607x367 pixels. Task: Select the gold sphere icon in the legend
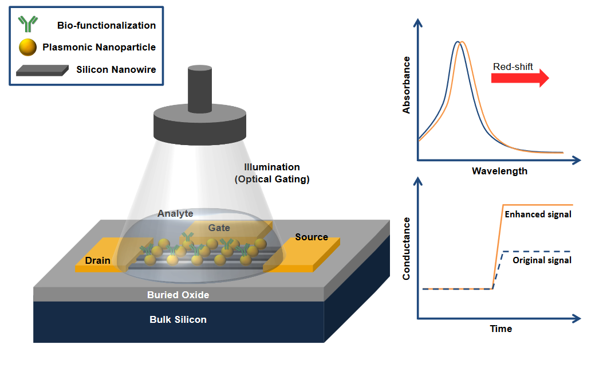click(27, 47)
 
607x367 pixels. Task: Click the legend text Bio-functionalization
click(107, 25)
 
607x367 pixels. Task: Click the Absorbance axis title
click(407, 85)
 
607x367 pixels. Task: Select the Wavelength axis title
click(499, 171)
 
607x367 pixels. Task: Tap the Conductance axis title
click(407, 248)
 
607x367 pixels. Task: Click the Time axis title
click(500, 329)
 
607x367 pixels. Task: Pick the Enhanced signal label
click(538, 214)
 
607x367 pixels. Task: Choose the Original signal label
click(542, 260)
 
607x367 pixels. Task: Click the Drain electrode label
click(97, 261)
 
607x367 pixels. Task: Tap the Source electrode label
click(312, 237)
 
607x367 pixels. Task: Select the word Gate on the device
click(219, 228)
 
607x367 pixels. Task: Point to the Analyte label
click(175, 213)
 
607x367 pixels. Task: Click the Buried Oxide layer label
click(178, 295)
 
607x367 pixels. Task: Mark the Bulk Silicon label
click(178, 319)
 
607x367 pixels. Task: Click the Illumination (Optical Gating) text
click(272, 173)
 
